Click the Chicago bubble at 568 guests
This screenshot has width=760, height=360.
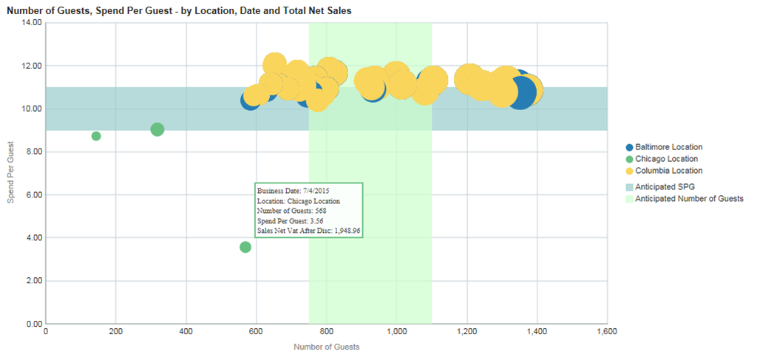point(245,247)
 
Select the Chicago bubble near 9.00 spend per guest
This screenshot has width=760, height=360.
point(157,129)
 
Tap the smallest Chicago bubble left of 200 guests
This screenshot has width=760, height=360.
point(96,136)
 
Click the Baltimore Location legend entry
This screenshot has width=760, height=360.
point(668,147)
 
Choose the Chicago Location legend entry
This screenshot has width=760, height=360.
point(666,158)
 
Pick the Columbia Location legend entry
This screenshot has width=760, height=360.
point(668,170)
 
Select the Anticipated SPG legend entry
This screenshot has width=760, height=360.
point(664,186)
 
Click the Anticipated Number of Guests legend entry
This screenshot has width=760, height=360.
point(688,198)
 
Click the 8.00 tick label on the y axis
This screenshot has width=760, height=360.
point(32,152)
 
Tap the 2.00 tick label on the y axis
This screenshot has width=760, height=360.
point(32,281)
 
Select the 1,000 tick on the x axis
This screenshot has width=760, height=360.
point(396,333)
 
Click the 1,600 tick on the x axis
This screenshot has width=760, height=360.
point(606,333)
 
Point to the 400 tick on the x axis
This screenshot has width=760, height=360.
point(186,333)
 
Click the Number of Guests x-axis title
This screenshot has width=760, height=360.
point(326,347)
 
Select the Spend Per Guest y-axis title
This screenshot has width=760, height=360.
point(9,173)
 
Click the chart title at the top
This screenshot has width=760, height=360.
point(179,10)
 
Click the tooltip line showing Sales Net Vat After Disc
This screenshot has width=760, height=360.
point(308,231)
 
